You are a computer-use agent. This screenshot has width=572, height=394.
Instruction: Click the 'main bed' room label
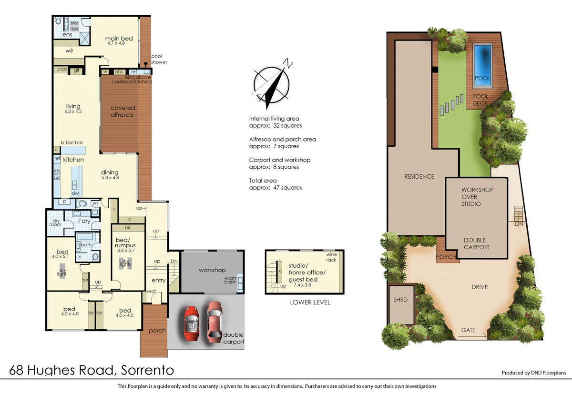(119, 39)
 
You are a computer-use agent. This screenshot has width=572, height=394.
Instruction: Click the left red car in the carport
(192, 323)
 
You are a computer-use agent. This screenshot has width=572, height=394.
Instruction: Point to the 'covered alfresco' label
(123, 111)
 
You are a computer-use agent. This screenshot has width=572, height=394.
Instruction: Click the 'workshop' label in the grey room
(212, 270)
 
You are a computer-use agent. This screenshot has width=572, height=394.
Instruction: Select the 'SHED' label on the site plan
(400, 300)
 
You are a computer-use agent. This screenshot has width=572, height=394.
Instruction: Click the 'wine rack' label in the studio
(331, 257)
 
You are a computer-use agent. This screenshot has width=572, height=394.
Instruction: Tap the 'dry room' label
(56, 223)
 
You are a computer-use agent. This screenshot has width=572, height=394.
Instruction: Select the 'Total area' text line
(263, 181)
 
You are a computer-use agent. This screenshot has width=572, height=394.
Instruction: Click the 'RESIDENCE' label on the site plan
(419, 176)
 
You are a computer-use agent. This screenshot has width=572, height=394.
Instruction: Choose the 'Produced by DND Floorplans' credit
(533, 373)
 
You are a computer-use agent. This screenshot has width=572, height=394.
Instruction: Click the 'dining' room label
(110, 172)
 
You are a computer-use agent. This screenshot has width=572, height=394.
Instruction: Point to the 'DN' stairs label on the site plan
(519, 223)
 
